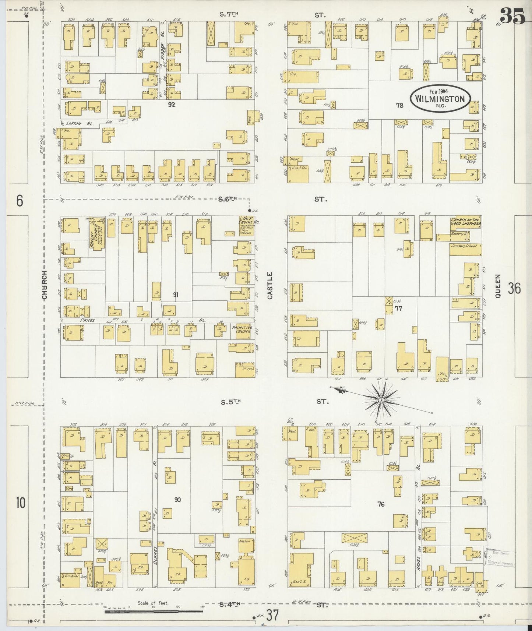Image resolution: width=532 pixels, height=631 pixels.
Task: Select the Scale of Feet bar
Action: point(154,611)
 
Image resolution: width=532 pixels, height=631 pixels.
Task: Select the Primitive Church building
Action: point(242,329)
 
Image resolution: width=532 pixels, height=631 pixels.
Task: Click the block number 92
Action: point(171,104)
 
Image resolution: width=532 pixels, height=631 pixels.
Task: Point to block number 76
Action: point(381,504)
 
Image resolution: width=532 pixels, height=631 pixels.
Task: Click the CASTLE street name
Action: point(271,285)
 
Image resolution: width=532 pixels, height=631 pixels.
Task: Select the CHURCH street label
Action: point(44,285)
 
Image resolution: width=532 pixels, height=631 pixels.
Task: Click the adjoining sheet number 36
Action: point(514,288)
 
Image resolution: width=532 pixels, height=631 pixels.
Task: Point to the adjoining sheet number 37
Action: point(272,614)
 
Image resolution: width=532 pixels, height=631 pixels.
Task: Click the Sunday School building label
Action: point(465,247)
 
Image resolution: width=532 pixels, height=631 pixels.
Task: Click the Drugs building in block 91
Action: point(245,369)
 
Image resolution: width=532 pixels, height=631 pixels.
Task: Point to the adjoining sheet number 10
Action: point(21,502)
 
